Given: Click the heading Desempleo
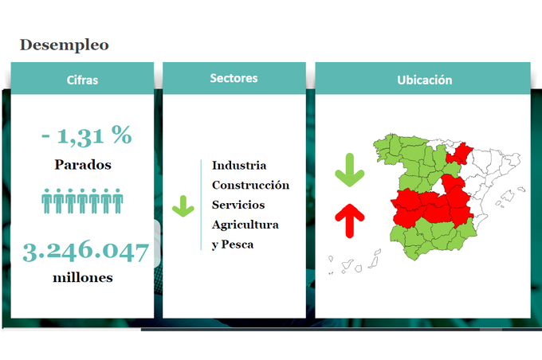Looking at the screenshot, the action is [65, 45].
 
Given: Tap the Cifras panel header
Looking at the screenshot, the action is [82, 78].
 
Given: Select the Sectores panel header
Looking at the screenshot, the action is [234, 78].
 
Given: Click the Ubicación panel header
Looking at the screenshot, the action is [422, 78].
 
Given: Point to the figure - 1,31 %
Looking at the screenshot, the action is [86, 135].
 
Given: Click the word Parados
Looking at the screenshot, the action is [83, 165].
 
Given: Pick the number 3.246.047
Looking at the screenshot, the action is [86, 252].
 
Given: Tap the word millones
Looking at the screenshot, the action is [83, 278].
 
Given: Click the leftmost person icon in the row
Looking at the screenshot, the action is [47, 201].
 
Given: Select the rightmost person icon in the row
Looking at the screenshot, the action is [118, 201].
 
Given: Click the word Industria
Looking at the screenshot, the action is [239, 166].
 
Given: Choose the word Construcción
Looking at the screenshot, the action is [250, 186].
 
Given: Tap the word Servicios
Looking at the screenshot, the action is [238, 205].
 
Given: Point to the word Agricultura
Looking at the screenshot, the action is [245, 225].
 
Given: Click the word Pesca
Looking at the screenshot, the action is [238, 245].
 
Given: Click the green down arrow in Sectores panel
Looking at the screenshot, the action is [183, 206].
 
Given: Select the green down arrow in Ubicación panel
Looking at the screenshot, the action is [350, 170].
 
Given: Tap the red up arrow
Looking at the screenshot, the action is [350, 221].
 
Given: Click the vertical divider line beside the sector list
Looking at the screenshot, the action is [201, 205].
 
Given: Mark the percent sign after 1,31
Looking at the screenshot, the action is [122, 134].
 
